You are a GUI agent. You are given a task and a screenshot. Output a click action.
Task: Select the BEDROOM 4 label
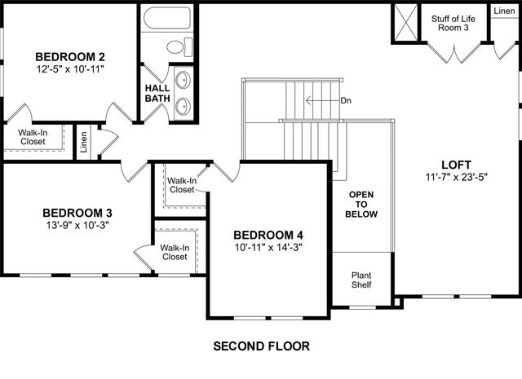pos(268,235)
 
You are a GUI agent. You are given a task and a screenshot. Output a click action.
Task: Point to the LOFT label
pos(454,164)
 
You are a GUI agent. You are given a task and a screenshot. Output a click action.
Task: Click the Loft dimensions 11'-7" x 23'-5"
pos(454,177)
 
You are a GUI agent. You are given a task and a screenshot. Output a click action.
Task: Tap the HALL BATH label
pos(157,93)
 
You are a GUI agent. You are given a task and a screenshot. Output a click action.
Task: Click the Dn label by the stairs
pos(346,101)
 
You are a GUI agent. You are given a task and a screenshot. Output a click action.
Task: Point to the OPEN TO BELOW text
pos(362,204)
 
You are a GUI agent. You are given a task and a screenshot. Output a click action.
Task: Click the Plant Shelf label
pos(361,280)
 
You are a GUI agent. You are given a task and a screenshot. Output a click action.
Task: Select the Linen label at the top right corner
pos(503,11)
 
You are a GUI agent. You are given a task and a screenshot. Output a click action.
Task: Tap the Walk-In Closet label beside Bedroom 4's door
pos(182,185)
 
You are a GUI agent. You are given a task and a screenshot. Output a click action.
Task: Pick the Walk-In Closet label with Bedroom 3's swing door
pos(175,252)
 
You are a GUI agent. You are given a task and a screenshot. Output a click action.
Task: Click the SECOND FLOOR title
pos(261,346)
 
